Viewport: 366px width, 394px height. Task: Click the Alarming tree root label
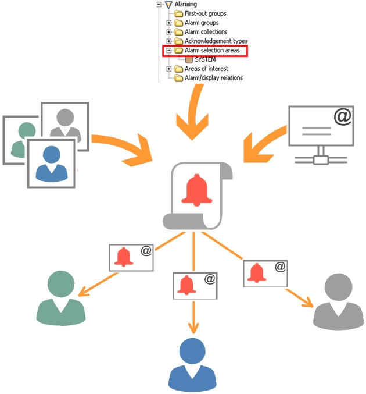tap(185, 4)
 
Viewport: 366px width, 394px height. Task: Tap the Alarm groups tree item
tap(202, 23)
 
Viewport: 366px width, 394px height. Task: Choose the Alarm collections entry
tap(206, 32)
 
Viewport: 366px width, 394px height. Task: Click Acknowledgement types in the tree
tap(216, 41)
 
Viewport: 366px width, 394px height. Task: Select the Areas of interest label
tap(206, 69)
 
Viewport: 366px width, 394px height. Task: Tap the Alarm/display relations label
tap(213, 77)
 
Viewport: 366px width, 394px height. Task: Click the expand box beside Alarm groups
tap(169, 23)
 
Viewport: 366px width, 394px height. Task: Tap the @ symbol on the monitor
tap(343, 118)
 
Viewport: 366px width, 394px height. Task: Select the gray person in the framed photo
tap(64, 123)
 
